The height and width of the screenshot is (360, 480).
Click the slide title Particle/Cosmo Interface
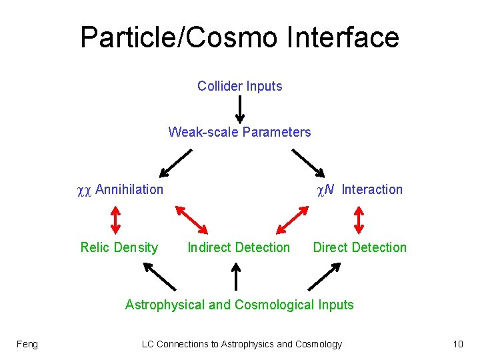point(239,37)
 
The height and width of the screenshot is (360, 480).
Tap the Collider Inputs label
point(239,86)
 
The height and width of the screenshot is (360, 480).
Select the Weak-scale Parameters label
point(239,132)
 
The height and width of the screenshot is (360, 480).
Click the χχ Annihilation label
point(120,189)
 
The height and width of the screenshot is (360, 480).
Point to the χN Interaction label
point(359,189)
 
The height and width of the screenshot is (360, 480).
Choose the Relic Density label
point(119,247)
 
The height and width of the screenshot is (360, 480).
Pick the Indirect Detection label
point(239,247)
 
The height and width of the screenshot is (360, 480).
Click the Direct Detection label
point(359,247)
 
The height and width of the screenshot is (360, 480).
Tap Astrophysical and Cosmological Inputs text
point(239,305)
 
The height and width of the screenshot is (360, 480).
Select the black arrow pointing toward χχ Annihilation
point(175,161)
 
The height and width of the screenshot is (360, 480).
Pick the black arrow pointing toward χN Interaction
point(309,161)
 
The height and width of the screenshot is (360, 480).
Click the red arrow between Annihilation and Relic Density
point(115,219)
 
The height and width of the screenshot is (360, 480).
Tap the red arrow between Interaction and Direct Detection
point(359,219)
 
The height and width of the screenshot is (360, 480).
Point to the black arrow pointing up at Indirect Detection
point(235,276)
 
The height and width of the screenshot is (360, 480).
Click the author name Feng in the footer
point(27,344)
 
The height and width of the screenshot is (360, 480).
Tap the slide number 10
point(457,344)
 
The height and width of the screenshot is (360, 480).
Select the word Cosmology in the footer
point(319,344)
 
